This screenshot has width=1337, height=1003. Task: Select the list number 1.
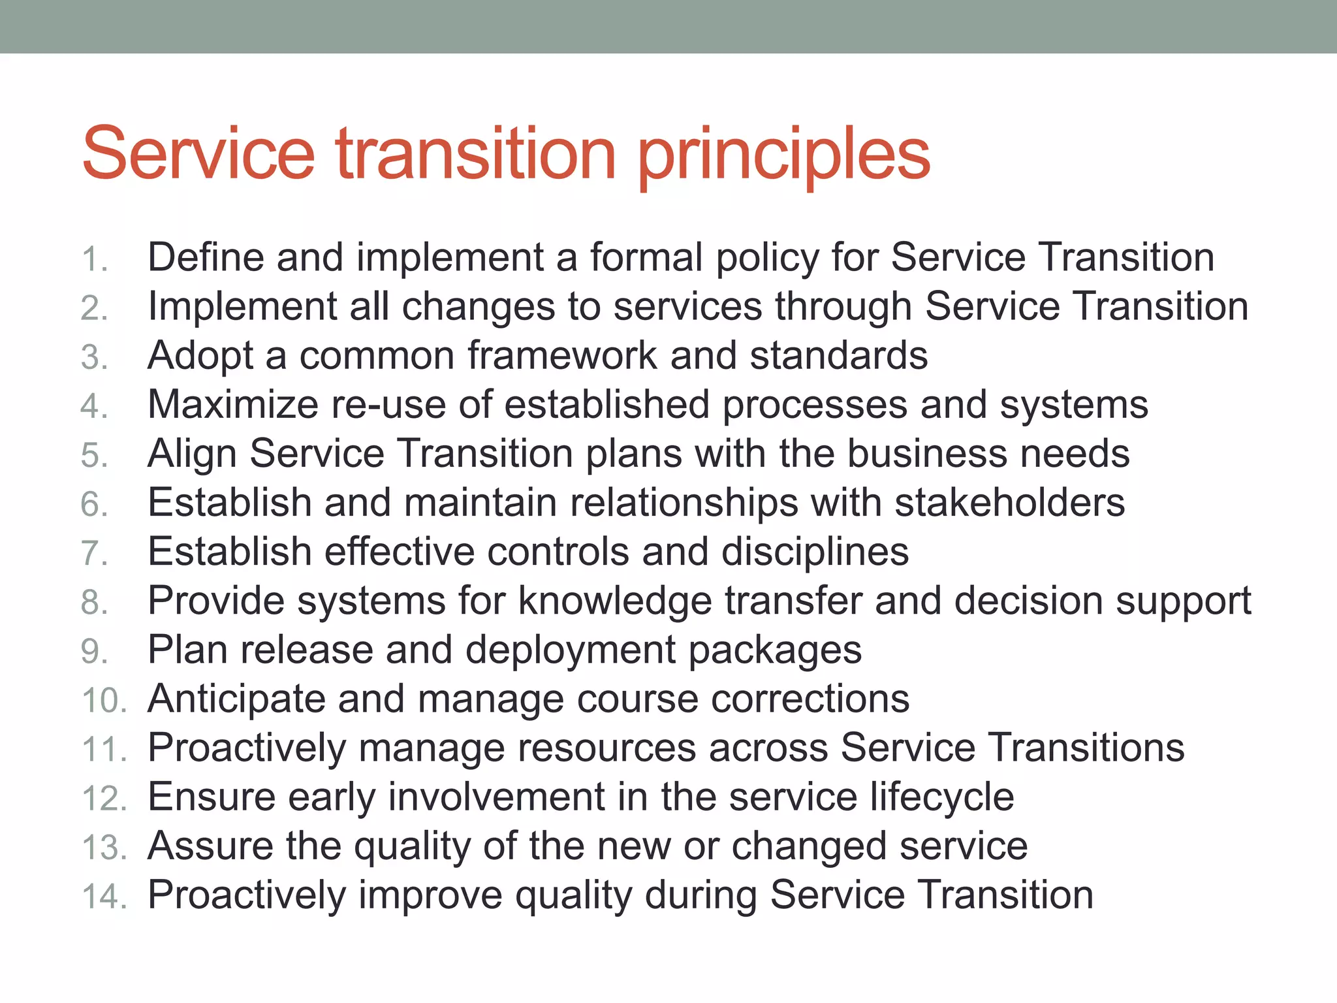pyautogui.click(x=94, y=259)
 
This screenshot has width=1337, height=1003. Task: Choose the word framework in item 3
pyautogui.click(x=562, y=356)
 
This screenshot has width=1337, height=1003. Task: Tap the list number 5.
pyautogui.click(x=94, y=455)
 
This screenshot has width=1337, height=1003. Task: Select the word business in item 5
pyautogui.click(x=927, y=454)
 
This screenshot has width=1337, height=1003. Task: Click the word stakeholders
pyautogui.click(x=1009, y=503)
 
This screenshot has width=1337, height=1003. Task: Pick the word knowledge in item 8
pyautogui.click(x=614, y=601)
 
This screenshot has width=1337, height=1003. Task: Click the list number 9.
pyautogui.click(x=94, y=652)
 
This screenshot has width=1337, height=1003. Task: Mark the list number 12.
pyautogui.click(x=103, y=799)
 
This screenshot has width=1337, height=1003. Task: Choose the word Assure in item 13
pyautogui.click(x=210, y=846)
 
